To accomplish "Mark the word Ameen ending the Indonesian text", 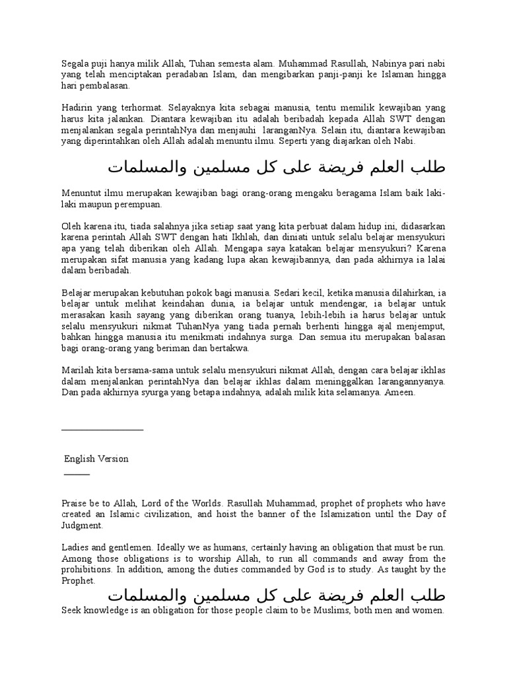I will [x=402, y=392].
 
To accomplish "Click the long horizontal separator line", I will [x=102, y=430].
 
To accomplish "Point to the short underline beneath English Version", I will [x=77, y=475].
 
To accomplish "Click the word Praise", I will [x=75, y=504].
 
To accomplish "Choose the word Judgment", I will [x=83, y=525].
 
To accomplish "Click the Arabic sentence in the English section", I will [x=277, y=595].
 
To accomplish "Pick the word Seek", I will [x=73, y=611].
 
